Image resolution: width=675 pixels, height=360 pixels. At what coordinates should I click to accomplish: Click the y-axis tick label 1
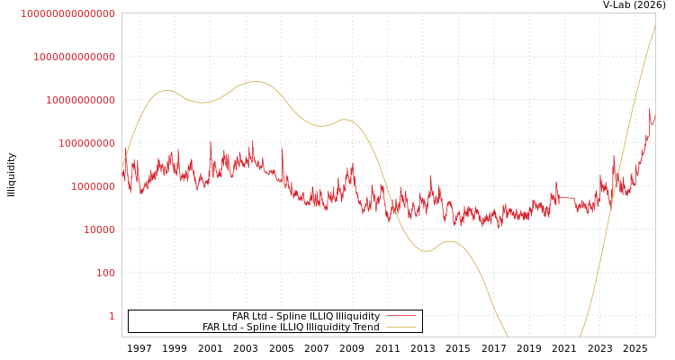tap(112, 316)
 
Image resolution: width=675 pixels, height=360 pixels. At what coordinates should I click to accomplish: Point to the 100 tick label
tap(105, 273)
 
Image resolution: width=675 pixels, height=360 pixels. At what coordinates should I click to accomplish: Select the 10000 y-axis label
tap(99, 229)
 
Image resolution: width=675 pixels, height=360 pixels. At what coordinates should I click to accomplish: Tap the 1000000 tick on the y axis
tap(93, 186)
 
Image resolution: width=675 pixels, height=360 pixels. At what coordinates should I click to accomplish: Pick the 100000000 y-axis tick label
tap(86, 143)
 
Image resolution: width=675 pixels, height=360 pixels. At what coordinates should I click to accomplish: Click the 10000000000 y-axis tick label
tap(80, 100)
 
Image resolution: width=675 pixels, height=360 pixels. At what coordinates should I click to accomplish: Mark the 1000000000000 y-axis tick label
tap(74, 57)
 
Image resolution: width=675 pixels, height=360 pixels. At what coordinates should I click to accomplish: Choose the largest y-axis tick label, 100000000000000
tap(67, 13)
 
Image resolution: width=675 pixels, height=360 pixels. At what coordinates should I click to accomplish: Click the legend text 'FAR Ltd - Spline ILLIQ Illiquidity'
tap(305, 316)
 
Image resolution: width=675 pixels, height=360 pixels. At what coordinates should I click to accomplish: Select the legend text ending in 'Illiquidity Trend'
tap(291, 327)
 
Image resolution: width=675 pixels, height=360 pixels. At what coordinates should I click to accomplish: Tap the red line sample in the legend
tap(400, 316)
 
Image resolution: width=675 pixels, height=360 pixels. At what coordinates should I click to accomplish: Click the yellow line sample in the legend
tap(400, 327)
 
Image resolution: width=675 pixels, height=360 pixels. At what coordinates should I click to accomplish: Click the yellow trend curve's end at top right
tap(654, 27)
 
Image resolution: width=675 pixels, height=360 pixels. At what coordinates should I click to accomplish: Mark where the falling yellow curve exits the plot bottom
tap(508, 336)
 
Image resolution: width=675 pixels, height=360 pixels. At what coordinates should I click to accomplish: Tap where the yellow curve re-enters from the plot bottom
tap(580, 336)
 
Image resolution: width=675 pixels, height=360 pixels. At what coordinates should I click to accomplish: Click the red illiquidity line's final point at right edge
tap(654, 115)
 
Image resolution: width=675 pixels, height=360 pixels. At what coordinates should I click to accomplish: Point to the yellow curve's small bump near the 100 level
tap(449, 241)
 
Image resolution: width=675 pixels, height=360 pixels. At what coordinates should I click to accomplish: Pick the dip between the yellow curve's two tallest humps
tap(202, 102)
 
